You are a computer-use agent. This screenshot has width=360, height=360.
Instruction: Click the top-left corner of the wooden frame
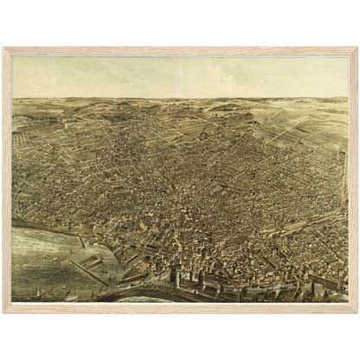3,48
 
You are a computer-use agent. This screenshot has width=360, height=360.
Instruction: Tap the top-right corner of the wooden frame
357,48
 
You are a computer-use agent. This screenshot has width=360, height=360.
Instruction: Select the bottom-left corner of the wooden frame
3,312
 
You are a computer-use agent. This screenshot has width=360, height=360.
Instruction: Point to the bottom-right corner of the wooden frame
357,312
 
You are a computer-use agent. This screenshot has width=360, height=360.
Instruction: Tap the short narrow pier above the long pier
80,240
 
